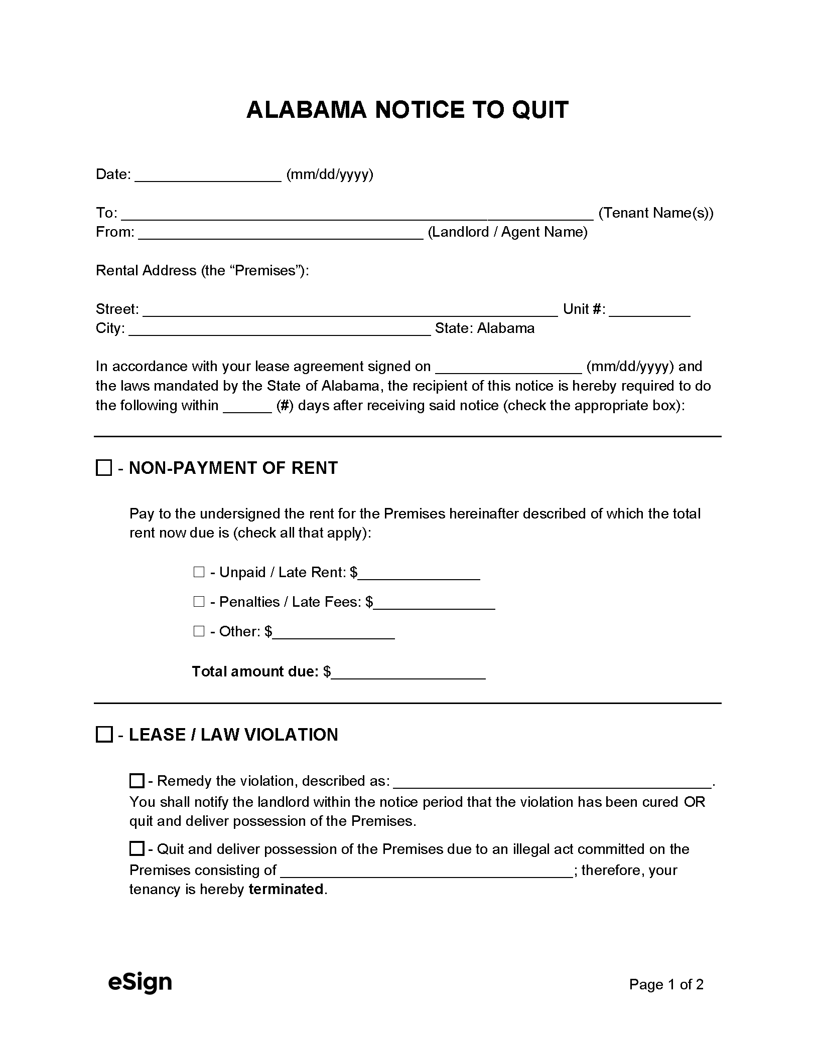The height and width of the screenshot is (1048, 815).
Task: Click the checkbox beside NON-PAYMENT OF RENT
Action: pos(104,468)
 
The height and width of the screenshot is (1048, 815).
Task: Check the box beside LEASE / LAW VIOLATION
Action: pos(104,735)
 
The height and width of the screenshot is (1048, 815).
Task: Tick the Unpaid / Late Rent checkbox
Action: pos(199,572)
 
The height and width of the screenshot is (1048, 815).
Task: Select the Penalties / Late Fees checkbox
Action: pos(199,602)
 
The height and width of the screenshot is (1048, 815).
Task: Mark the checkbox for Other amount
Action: pos(199,631)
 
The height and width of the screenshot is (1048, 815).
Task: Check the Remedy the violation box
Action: pos(137,781)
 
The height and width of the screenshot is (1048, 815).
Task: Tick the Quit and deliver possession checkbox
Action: pos(137,849)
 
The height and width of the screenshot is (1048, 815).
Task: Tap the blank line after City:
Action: pos(280,330)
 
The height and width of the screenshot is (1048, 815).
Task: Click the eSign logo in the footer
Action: pos(140,983)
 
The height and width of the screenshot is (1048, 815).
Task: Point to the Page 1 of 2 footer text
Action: pos(666,985)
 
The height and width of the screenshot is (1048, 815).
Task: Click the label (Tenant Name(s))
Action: pos(656,213)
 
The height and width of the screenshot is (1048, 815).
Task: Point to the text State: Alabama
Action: pos(484,328)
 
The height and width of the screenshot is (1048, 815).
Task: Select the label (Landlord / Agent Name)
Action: pos(507,232)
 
